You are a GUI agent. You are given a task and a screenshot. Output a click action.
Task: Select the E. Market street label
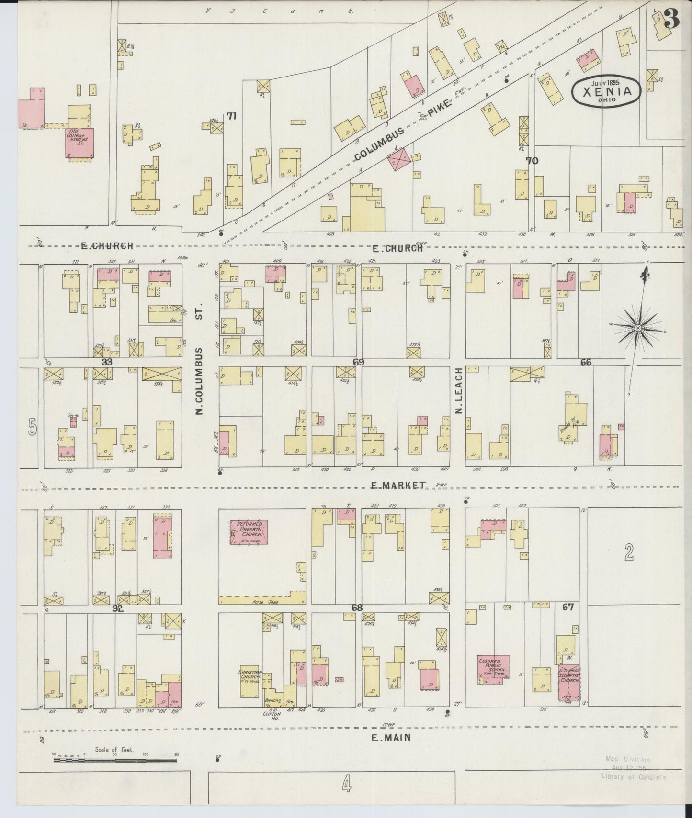pos(398,485)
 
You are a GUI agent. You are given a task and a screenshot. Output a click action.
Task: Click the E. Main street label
pos(391,737)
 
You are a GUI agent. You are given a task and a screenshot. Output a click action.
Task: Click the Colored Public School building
pos(493,669)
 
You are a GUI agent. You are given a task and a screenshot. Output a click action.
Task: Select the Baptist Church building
pos(569,682)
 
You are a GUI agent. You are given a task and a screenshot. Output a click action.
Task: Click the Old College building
pos(79,142)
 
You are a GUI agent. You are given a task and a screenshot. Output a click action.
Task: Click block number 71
pos(232,116)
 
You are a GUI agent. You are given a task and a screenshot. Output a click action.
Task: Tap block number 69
pos(358,362)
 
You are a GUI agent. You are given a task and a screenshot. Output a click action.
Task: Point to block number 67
pos(568,607)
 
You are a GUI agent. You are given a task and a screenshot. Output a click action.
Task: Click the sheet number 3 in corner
pos(672,19)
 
